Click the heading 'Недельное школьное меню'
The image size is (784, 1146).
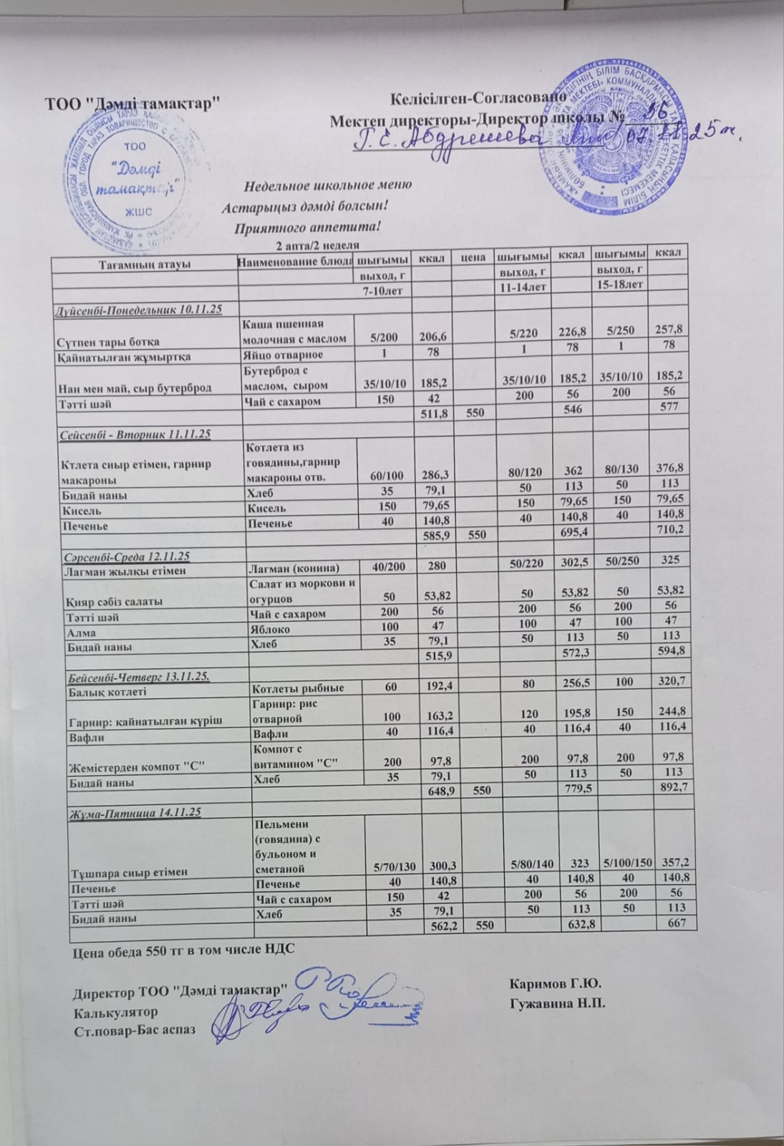pyautogui.click(x=328, y=185)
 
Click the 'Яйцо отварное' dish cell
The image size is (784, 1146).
pyautogui.click(x=284, y=355)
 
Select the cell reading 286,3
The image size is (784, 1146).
pyautogui.click(x=430, y=468)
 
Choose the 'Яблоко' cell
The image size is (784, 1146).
pyautogui.click(x=268, y=630)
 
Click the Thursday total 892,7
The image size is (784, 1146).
pyautogui.click(x=672, y=787)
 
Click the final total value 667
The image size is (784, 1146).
pyautogui.click(x=675, y=923)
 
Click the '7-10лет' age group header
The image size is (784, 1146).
pyautogui.click(x=384, y=285)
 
